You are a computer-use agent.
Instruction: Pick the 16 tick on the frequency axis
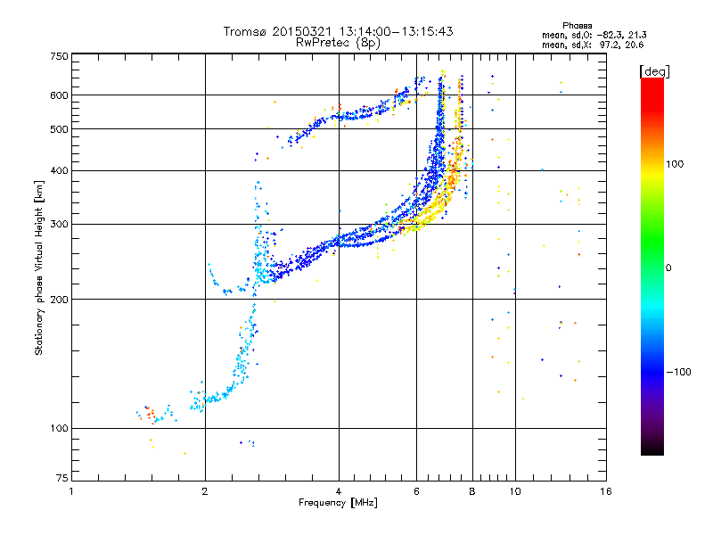tap(605, 491)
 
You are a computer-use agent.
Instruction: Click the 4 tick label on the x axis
tap(339, 491)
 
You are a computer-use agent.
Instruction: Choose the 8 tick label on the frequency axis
tap(472, 491)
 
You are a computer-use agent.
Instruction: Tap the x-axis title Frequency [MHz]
tap(338, 504)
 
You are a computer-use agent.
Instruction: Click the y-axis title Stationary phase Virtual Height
tap(39, 267)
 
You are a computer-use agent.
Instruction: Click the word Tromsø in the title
tap(245, 31)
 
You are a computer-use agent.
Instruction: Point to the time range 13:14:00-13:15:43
tap(378, 31)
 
